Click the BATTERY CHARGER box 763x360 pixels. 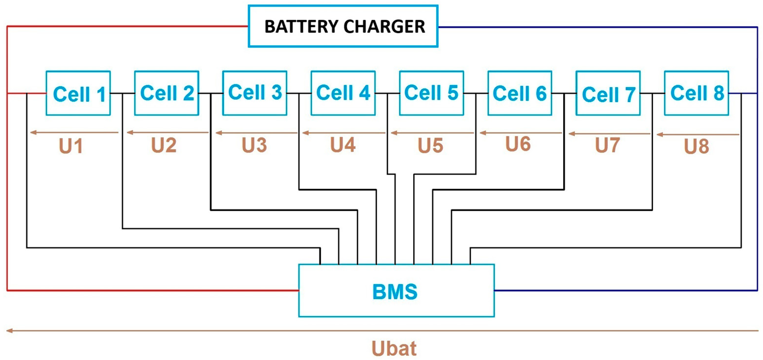(343, 26)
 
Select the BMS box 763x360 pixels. (396, 290)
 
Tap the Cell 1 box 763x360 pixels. (78, 93)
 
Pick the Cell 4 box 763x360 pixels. (343, 93)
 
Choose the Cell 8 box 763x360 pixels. (696, 93)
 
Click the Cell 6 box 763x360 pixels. (520, 93)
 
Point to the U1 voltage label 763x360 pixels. (71, 146)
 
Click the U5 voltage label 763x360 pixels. (430, 146)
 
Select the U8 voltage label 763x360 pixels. (696, 146)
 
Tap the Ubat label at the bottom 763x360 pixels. (394, 348)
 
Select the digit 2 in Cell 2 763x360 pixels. (188, 93)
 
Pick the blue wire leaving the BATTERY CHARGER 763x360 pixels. (592, 27)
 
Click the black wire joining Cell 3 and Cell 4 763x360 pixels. (299, 93)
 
